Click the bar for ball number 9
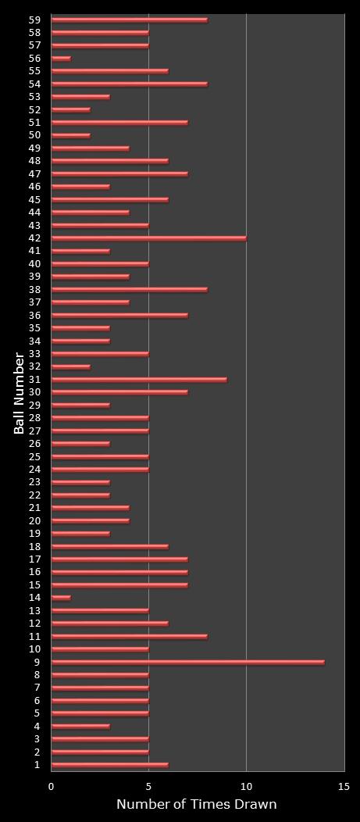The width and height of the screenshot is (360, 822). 187,662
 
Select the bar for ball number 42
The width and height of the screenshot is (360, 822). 148,238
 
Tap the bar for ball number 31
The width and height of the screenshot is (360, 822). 139,380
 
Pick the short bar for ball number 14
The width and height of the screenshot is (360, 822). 61,598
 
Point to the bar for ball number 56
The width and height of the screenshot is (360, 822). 61,59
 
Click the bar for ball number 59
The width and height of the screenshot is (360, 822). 129,20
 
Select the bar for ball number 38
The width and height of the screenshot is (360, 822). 129,290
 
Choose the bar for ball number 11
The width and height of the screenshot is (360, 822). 129,637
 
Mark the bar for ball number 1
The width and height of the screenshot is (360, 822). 109,765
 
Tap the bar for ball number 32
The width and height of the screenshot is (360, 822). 70,366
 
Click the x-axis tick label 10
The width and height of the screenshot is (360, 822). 246,787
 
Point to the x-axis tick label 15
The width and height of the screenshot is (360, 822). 344,787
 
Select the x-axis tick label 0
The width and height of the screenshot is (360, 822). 52,787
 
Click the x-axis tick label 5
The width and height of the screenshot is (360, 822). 148,787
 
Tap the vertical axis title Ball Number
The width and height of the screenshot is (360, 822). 20,392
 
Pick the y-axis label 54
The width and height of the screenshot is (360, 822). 34,84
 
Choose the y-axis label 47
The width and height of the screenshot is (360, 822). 34,173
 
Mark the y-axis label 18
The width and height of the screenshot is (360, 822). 34,546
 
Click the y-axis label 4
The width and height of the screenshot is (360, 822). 37,726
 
